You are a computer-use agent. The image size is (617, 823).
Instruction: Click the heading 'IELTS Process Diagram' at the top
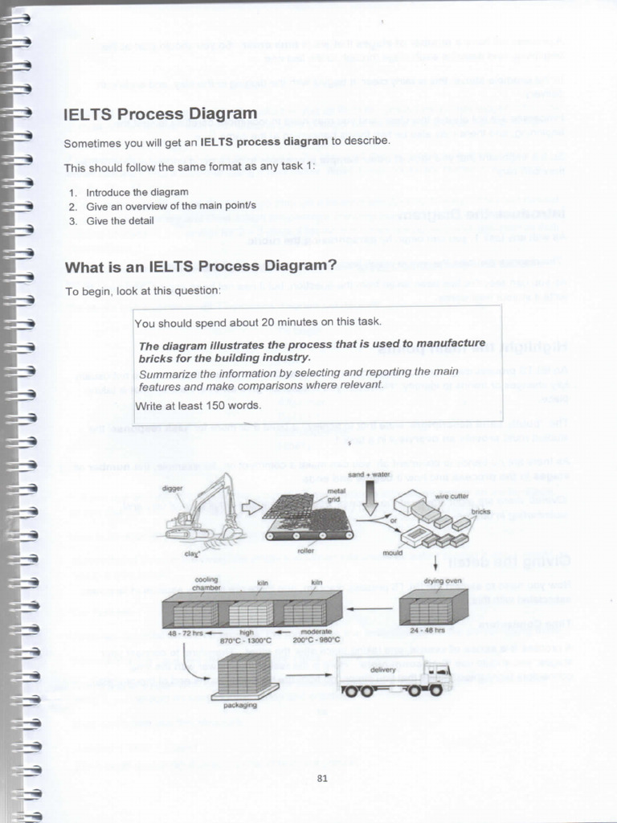click(x=161, y=114)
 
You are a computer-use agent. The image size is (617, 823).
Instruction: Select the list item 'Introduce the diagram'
click(x=137, y=192)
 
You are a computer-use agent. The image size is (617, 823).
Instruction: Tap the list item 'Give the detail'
click(x=120, y=220)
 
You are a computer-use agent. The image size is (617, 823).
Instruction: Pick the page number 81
click(x=322, y=777)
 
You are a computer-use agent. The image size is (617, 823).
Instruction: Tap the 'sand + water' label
click(x=368, y=474)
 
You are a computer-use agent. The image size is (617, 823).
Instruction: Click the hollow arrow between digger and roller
click(x=251, y=506)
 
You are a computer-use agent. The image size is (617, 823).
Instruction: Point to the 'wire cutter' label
click(x=452, y=497)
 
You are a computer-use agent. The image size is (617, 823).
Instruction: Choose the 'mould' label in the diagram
click(x=393, y=553)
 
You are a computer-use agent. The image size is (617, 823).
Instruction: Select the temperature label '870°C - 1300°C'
click(x=247, y=641)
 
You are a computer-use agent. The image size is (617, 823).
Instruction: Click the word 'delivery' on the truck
click(x=382, y=669)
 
